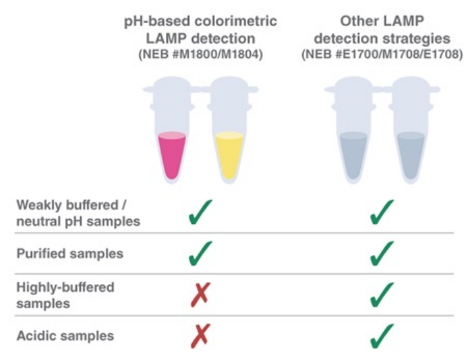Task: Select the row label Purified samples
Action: [70, 254]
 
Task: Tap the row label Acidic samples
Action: [64, 336]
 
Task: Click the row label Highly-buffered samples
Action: [65, 294]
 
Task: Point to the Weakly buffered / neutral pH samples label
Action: [78, 213]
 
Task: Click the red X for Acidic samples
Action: [200, 337]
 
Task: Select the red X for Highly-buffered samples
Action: [200, 295]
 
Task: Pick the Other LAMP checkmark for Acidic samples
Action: [382, 337]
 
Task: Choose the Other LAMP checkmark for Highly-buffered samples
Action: [382, 295]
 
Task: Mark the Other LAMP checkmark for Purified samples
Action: [382, 254]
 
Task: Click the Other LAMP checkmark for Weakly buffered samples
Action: [382, 213]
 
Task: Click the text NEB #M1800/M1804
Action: [200, 54]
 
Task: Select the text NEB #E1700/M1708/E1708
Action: [382, 54]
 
